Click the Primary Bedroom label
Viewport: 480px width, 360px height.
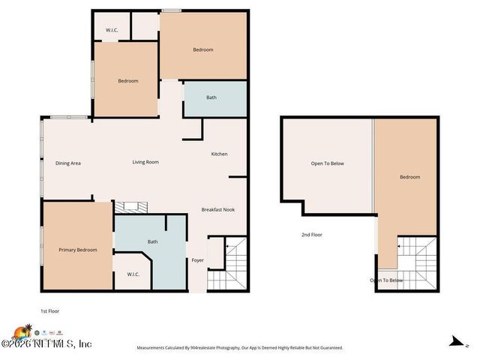pos(78,250)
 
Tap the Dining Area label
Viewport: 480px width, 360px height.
pos(68,163)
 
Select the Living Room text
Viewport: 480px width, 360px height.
pos(145,162)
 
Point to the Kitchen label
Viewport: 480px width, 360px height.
pos(219,154)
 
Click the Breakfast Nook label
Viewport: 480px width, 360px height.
pos(218,209)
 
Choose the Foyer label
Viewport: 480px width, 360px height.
pos(197,260)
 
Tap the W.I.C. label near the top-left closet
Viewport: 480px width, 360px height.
pos(111,31)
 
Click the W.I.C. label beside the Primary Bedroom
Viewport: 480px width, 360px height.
pos(134,274)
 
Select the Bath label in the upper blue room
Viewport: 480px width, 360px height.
pos(211,97)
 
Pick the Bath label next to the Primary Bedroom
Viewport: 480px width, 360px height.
pos(152,241)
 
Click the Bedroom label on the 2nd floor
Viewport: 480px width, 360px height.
pos(409,177)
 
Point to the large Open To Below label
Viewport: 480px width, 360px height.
pos(328,163)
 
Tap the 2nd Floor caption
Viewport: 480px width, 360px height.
pos(312,235)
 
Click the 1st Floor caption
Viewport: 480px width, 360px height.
pos(50,310)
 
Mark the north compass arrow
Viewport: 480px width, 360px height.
pos(454,341)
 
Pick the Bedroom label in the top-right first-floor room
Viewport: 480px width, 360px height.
pos(203,49)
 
